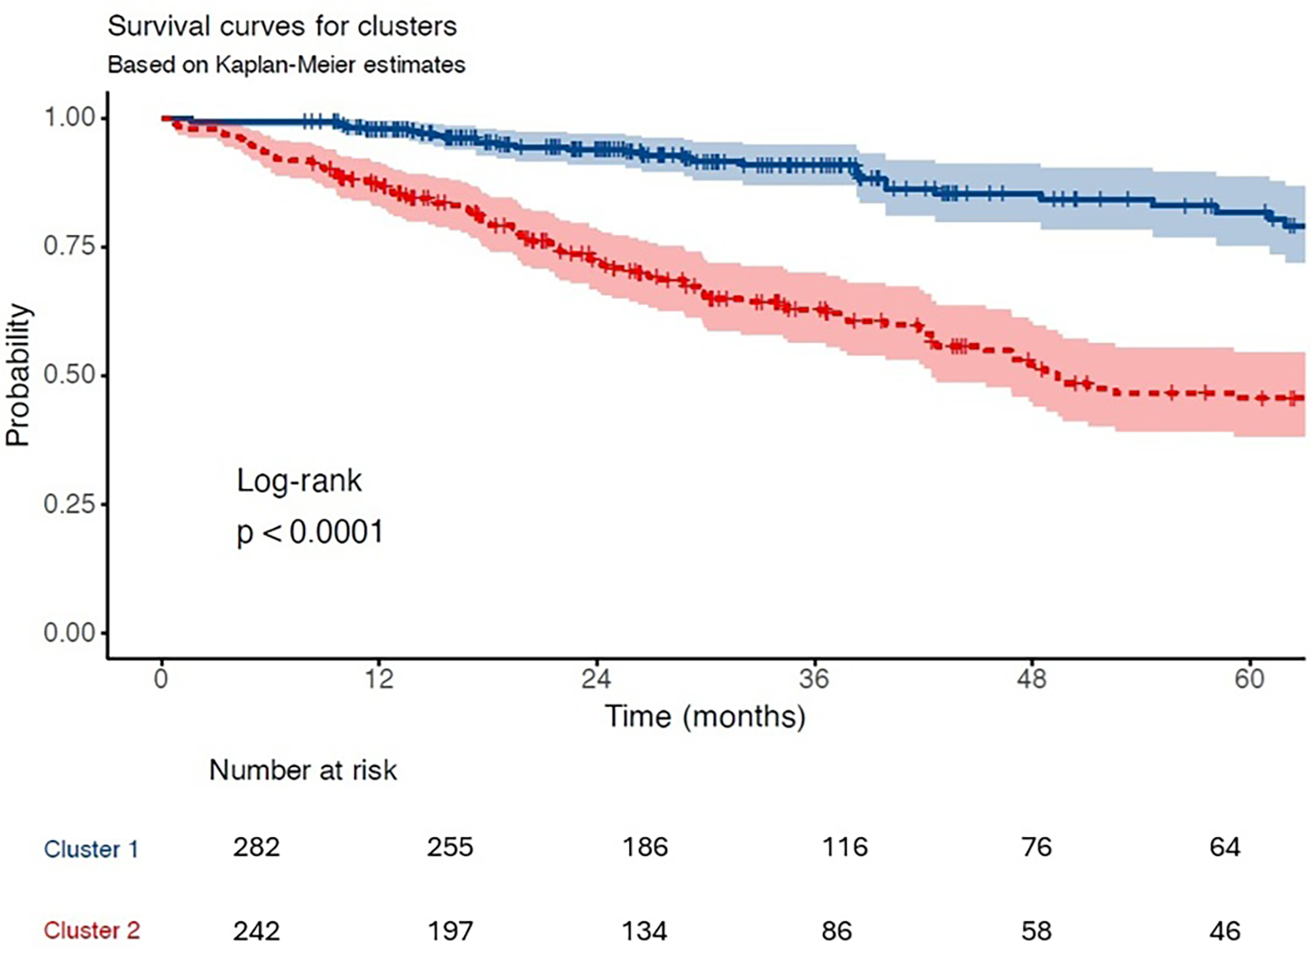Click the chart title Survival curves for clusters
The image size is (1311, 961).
[282, 26]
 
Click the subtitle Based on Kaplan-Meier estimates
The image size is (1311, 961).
[286, 65]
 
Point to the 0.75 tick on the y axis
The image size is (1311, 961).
[69, 247]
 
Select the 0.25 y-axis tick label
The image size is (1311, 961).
[69, 504]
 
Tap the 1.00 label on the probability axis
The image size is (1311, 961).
[69, 118]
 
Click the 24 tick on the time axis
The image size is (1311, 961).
[596, 679]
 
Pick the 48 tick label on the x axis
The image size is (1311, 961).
[1031, 679]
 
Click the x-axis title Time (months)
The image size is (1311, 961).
[705, 717]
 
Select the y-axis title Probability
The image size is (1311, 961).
[18, 376]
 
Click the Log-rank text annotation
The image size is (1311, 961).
[299, 481]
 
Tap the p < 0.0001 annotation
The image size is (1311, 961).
[310, 533]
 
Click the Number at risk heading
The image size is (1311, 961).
[303, 770]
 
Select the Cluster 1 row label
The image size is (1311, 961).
[91, 849]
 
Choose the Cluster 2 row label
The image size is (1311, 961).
[91, 931]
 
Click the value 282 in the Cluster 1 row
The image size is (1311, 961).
[256, 848]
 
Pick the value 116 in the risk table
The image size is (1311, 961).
[845, 848]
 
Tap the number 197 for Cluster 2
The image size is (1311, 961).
[450, 931]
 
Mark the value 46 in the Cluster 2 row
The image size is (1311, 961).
[1225, 931]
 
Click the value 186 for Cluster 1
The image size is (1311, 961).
[645, 848]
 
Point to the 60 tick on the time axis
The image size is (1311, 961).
[1249, 679]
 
